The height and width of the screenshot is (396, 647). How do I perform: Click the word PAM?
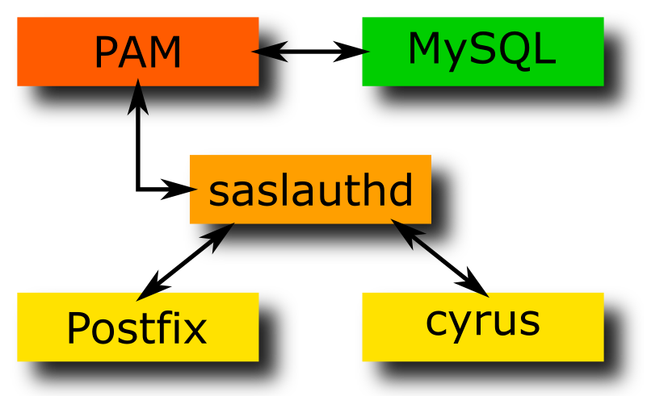pyautogui.click(x=137, y=53)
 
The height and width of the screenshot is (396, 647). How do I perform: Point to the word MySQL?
pyautogui.click(x=482, y=50)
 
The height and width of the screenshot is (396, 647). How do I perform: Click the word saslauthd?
pyautogui.click(x=311, y=191)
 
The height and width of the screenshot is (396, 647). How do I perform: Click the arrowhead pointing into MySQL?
pyautogui.click(x=356, y=52)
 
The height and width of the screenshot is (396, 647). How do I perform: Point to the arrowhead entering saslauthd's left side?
pyautogui.click(x=182, y=190)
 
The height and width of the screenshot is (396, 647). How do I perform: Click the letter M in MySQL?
pyautogui.click(x=425, y=49)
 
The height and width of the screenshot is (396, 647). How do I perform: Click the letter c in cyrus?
pyautogui.click(x=436, y=322)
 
